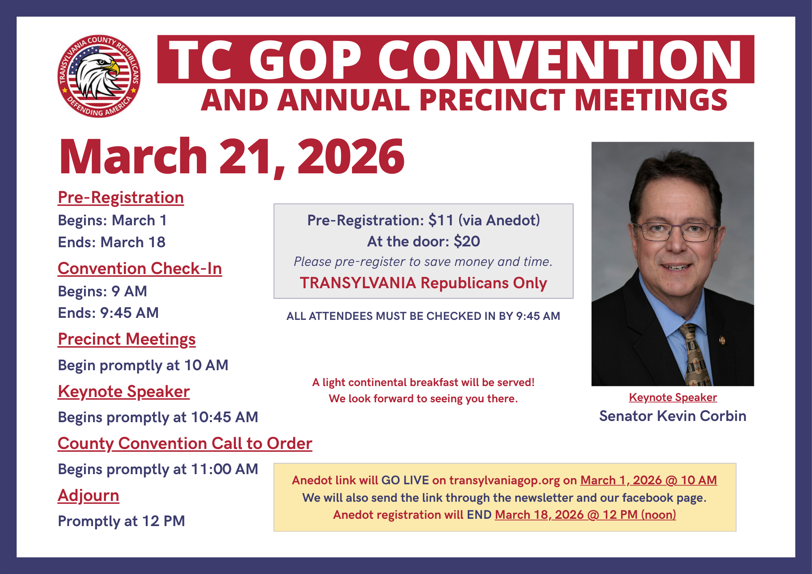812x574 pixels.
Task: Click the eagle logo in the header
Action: [x=99, y=76]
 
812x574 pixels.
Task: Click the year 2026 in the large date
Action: [x=351, y=156]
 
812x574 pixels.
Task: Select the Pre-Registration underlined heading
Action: [x=121, y=198]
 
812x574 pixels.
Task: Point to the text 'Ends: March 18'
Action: [x=112, y=242]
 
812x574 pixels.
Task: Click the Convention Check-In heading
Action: [x=140, y=269]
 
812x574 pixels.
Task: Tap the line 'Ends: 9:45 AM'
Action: [x=108, y=313]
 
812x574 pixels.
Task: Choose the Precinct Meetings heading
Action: [x=127, y=339]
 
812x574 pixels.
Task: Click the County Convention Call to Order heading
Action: [x=185, y=444]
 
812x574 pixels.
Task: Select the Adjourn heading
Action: [x=89, y=496]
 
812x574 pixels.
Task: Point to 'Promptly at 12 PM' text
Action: [x=121, y=521]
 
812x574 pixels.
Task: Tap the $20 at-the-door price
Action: [x=467, y=242]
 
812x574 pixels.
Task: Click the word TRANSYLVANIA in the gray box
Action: [x=358, y=283]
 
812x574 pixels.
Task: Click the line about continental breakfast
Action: [x=423, y=382]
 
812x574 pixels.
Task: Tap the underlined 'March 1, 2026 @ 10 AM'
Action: [x=648, y=480]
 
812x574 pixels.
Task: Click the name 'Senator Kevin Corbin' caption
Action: [x=673, y=416]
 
